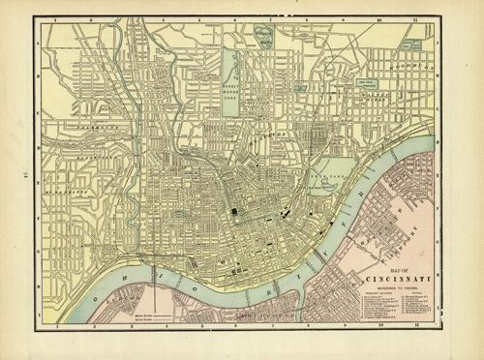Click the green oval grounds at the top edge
[263, 35]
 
